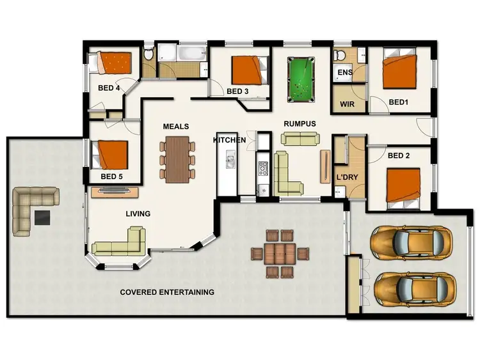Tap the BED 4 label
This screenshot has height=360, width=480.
(x=109, y=89)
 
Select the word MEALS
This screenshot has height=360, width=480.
(x=175, y=127)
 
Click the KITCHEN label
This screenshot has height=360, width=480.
(x=229, y=139)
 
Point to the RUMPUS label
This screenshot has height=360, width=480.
(x=300, y=123)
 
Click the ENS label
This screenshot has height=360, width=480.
(x=344, y=73)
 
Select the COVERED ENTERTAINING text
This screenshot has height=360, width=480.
(x=167, y=292)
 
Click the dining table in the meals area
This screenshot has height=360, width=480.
(x=177, y=157)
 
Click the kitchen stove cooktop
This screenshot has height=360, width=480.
(x=263, y=169)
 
